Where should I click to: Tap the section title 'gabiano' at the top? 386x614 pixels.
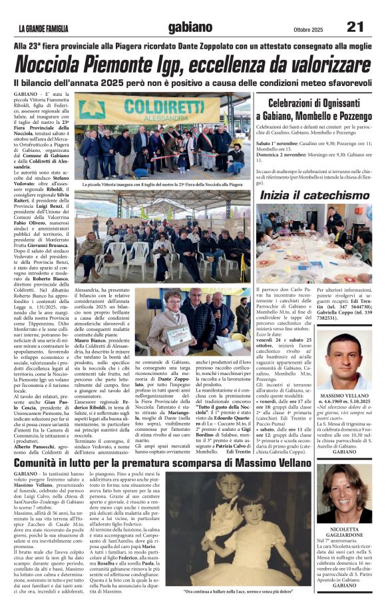(x=190, y=27)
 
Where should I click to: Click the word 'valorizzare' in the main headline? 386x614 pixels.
(x=326, y=65)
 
